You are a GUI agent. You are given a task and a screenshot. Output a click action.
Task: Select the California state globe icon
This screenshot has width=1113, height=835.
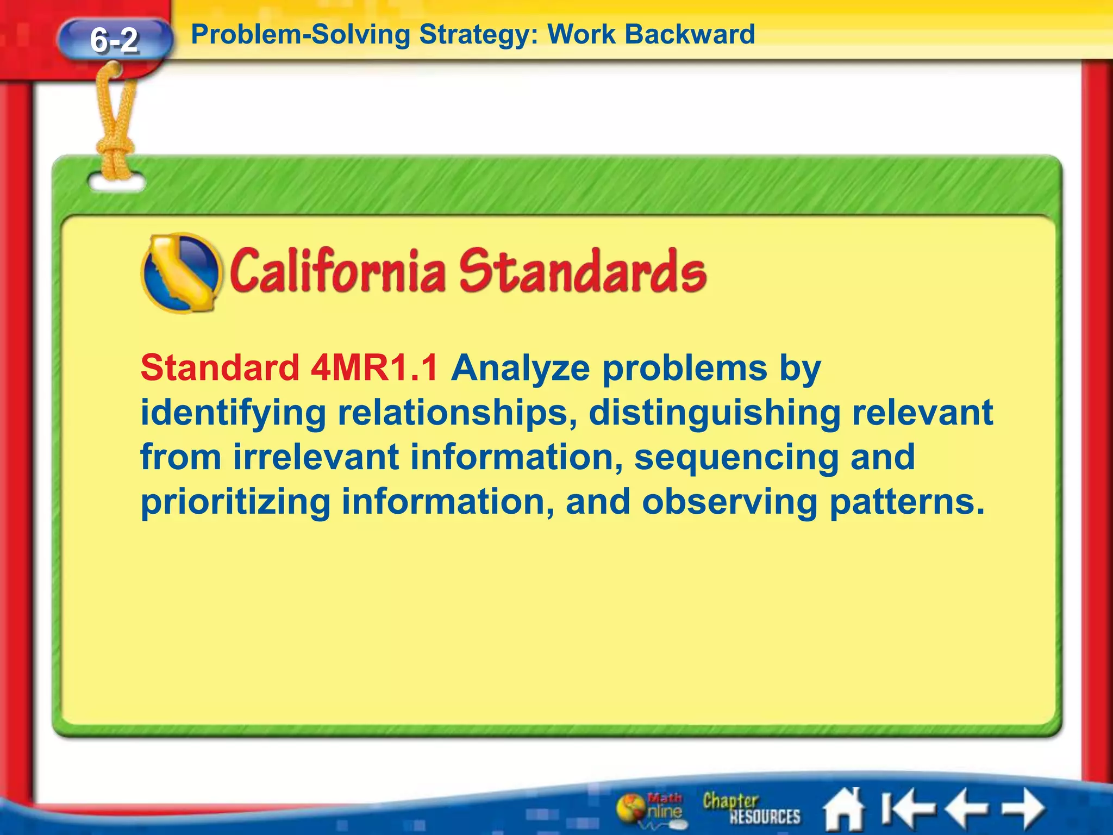pyautogui.click(x=181, y=273)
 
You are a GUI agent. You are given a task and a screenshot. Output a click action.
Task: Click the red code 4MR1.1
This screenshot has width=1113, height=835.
pyautogui.click(x=374, y=368)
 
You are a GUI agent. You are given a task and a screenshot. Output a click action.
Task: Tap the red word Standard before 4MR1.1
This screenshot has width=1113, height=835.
pyautogui.click(x=220, y=368)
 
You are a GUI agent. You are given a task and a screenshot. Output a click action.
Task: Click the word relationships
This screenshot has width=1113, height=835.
pyautogui.click(x=456, y=413)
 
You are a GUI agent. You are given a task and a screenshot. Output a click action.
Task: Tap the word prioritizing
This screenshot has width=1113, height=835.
pyautogui.click(x=235, y=502)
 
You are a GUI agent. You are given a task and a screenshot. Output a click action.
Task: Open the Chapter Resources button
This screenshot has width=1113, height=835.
pyautogui.click(x=751, y=808)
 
